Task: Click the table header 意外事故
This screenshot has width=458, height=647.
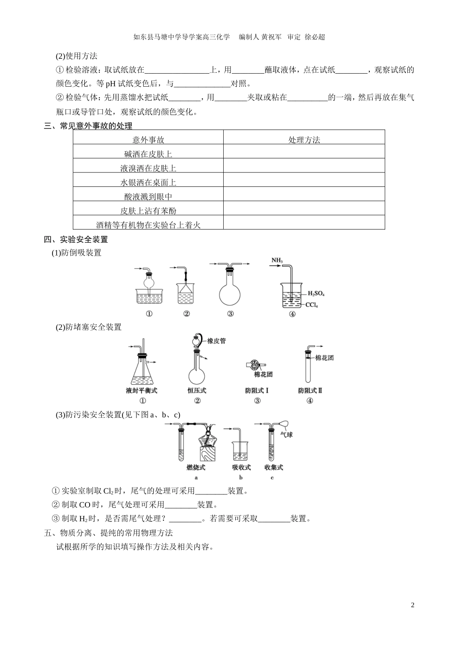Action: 148,140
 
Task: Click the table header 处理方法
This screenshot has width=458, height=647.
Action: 304,140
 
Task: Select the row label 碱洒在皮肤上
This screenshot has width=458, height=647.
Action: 148,154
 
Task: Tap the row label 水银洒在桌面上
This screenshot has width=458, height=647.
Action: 148,182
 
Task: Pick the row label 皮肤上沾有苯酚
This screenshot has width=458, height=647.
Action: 148,211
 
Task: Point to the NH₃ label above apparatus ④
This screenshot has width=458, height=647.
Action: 277,261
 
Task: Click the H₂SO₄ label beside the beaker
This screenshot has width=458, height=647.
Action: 316,293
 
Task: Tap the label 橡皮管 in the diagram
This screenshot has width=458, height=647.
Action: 216,341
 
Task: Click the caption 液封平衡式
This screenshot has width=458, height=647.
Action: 142,390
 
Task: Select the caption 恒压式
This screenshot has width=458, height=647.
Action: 197,390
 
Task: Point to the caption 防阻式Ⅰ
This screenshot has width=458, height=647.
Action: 256,390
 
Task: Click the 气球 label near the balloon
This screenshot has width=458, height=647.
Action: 286,435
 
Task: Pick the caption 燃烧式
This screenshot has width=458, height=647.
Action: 196,467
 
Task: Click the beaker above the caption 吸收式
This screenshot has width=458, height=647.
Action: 241,452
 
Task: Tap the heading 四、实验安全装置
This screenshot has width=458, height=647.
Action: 76,239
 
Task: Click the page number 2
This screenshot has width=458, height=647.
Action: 412,605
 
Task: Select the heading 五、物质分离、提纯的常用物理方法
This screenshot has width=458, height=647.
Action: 108,533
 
